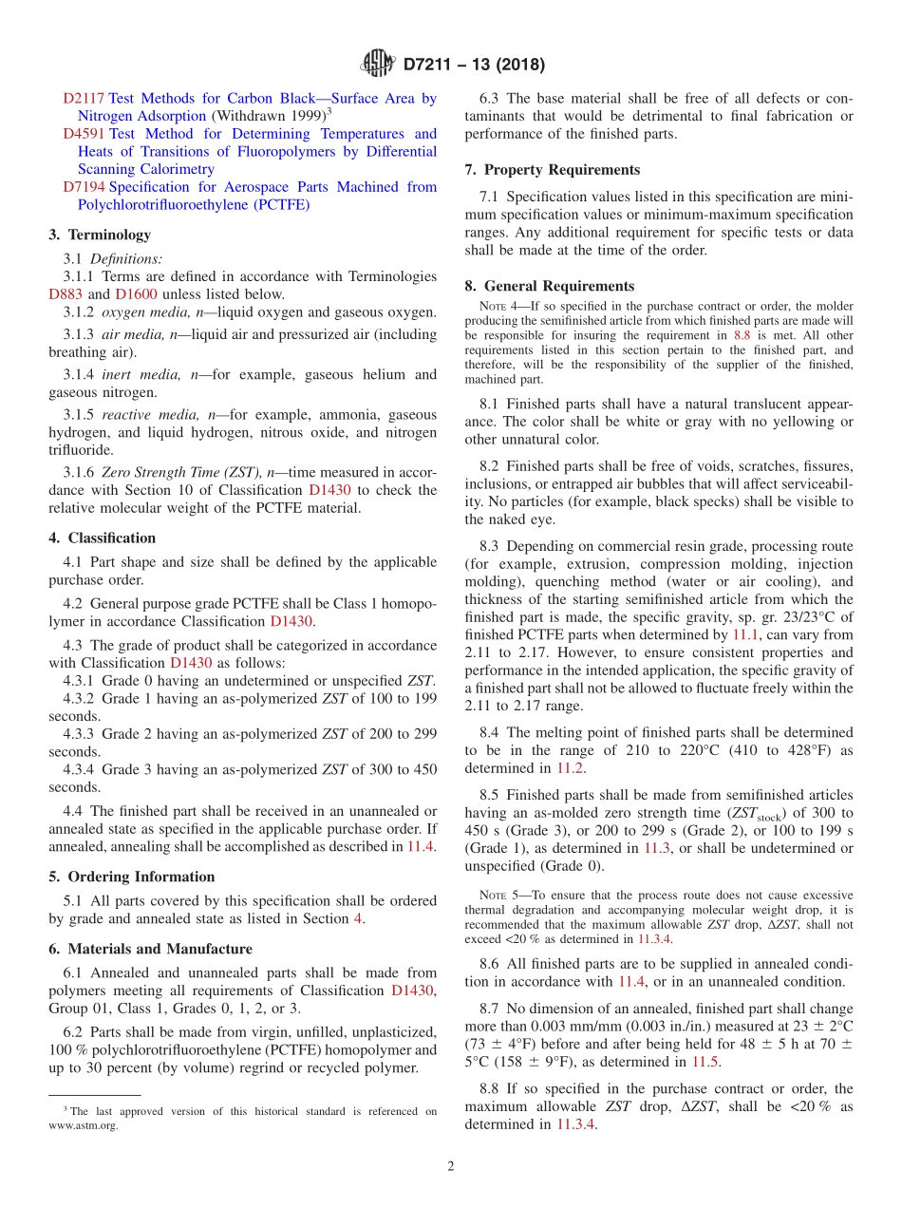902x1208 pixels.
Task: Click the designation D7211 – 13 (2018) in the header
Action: [x=474, y=66]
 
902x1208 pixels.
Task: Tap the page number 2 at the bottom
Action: [x=451, y=1166]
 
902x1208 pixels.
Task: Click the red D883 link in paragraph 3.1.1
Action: [x=66, y=294]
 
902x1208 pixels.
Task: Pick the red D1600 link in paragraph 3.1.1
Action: [x=136, y=294]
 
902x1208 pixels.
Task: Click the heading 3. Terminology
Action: [x=100, y=235]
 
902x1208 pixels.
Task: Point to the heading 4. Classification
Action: [x=103, y=538]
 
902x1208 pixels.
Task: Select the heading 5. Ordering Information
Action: [x=132, y=877]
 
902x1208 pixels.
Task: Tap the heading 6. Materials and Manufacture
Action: [x=151, y=949]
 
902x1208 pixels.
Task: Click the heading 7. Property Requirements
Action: [x=553, y=170]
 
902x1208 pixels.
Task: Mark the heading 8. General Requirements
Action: [x=550, y=286]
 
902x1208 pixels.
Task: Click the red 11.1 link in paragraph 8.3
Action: [x=744, y=634]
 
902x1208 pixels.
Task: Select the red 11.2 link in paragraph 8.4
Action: [x=571, y=768]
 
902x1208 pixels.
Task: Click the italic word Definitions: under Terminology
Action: [x=126, y=258]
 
